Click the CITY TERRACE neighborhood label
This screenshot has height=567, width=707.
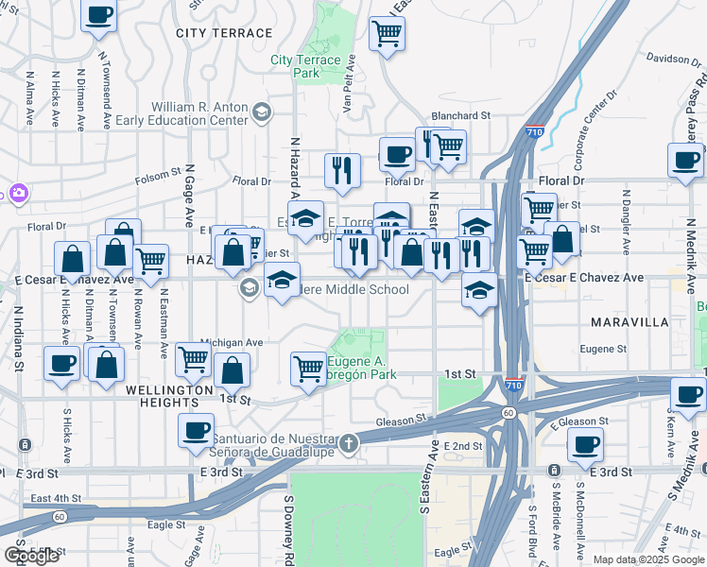coord(224,33)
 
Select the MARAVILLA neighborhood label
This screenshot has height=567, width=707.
coord(630,322)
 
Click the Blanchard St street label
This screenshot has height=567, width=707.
coord(461,115)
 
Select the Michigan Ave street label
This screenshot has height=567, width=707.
coord(232,342)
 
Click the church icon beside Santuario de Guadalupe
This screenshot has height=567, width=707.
coord(349,442)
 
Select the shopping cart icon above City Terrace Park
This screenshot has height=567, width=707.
coord(387,35)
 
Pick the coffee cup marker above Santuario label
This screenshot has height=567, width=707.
coord(196,430)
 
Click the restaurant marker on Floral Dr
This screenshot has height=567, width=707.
coord(341,170)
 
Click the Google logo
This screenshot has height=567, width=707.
coord(31,556)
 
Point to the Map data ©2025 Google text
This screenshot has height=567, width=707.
coord(647,559)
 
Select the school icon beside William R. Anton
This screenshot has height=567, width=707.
coord(261,113)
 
